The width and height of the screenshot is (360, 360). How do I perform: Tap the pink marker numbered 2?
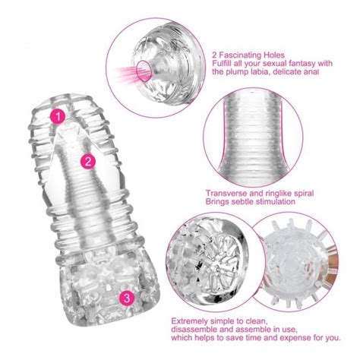pyautogui.click(x=89, y=160)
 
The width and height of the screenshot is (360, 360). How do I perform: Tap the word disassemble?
pyautogui.click(x=198, y=332)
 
